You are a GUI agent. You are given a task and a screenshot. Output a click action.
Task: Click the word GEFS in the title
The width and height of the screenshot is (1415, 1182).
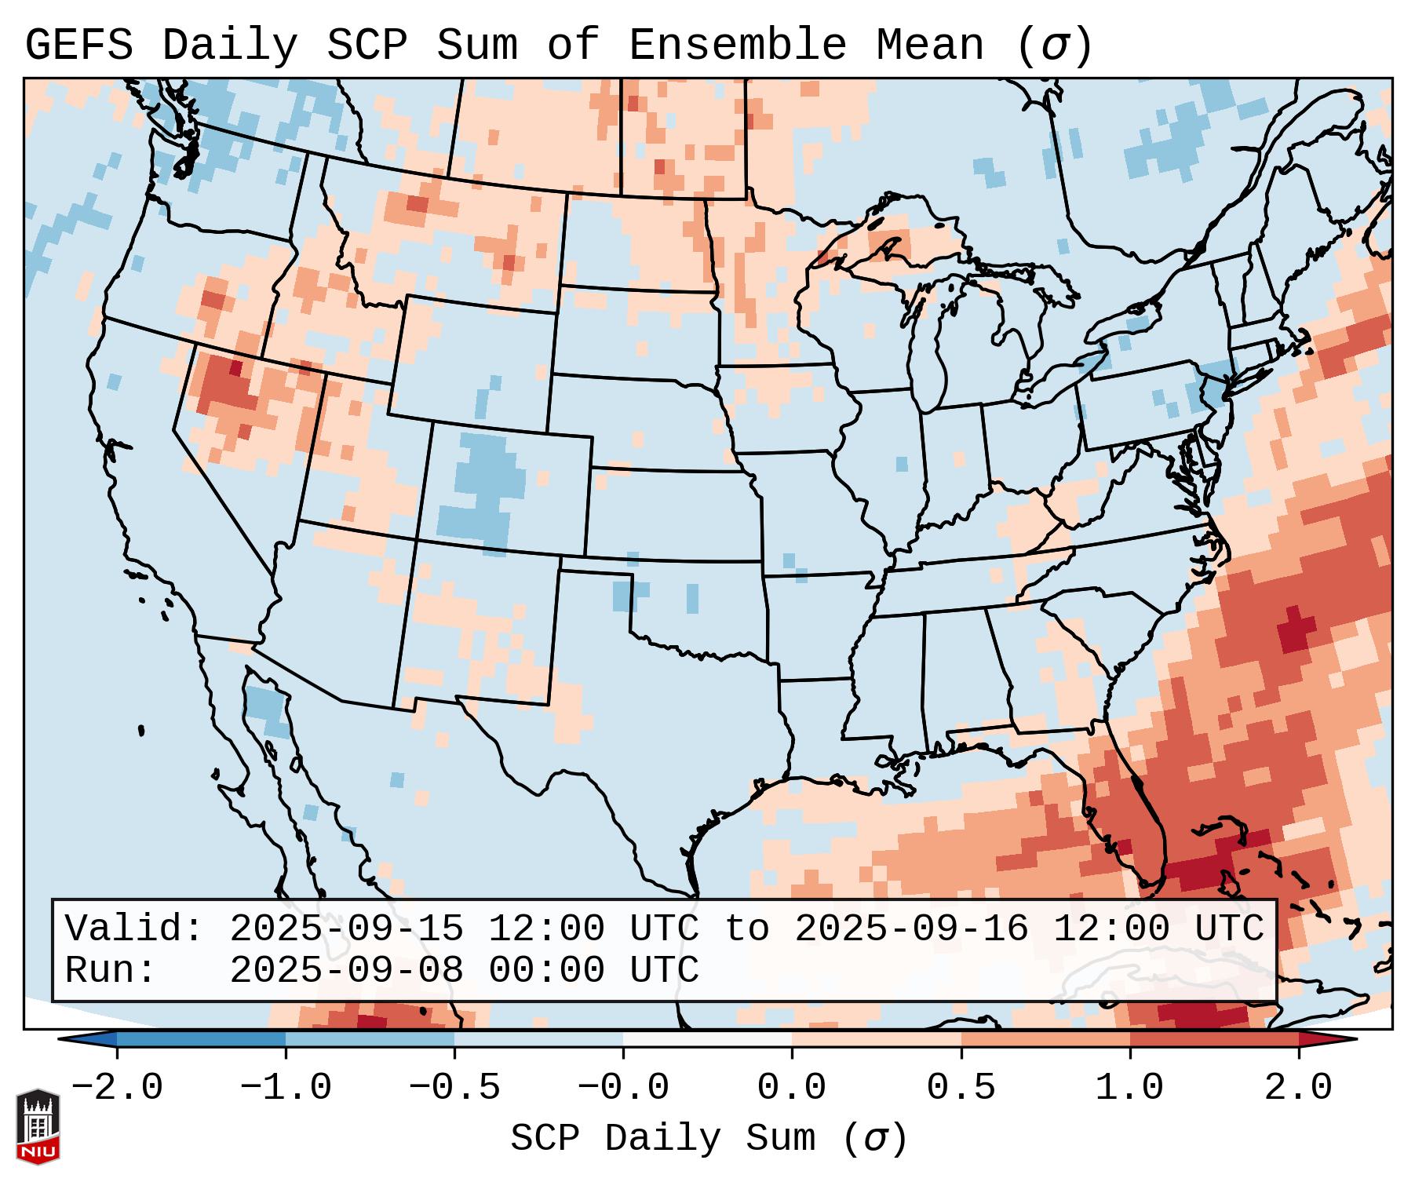(78, 46)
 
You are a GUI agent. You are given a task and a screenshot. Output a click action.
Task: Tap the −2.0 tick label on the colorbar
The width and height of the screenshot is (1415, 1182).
(117, 1088)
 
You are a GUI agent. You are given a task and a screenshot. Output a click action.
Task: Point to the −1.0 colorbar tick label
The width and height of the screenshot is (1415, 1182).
(286, 1088)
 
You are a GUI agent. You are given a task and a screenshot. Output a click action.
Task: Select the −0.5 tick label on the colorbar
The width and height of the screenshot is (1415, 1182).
(454, 1088)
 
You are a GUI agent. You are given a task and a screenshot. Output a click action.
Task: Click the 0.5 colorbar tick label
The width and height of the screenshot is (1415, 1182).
(961, 1088)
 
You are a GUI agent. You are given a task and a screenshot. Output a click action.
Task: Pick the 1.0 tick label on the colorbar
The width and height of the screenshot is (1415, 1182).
(1129, 1088)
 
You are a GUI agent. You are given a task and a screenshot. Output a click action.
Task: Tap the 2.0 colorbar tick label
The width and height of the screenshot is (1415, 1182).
(1298, 1088)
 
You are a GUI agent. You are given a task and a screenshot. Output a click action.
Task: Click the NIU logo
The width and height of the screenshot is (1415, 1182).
(38, 1127)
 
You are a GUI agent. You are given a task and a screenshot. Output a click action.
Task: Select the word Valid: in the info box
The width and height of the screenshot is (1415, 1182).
(134, 929)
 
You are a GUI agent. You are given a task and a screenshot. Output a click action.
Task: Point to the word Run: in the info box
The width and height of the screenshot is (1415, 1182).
(111, 971)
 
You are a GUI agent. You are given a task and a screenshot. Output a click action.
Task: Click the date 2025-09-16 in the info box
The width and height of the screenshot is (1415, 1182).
(911, 929)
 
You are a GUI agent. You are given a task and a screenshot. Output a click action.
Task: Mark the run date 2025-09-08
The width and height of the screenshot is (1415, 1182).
(346, 971)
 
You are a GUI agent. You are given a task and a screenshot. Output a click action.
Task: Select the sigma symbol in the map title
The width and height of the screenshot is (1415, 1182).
(1054, 46)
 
